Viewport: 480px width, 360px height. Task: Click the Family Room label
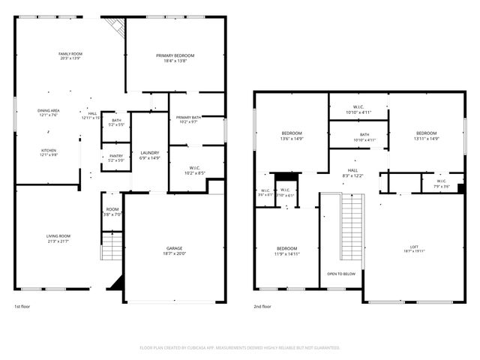click(x=70, y=54)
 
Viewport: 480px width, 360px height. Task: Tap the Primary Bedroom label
click(x=175, y=56)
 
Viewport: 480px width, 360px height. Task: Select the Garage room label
click(x=174, y=247)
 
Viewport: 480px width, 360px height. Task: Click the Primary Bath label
click(x=188, y=118)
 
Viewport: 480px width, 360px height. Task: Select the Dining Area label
click(x=49, y=111)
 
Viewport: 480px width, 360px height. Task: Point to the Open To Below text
click(x=341, y=274)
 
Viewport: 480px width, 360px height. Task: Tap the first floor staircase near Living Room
click(x=111, y=245)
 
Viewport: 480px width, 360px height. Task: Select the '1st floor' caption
click(x=22, y=307)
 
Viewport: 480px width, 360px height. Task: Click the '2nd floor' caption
click(x=262, y=307)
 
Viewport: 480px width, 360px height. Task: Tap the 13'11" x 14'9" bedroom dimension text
click(x=426, y=139)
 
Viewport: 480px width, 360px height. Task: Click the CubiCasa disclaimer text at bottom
click(x=240, y=348)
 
